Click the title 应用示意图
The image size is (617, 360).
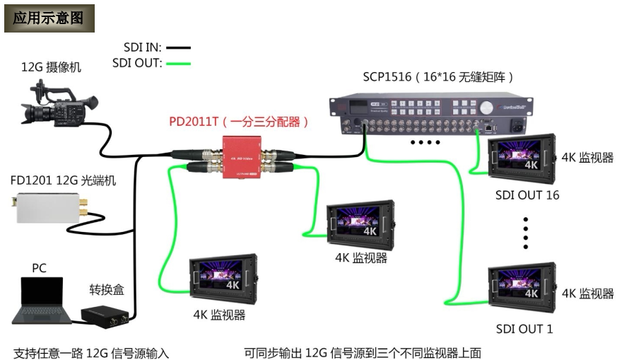click(x=49, y=18)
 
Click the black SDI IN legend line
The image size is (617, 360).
click(x=179, y=47)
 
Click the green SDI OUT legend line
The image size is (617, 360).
click(x=179, y=63)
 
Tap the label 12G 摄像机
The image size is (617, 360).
click(x=51, y=68)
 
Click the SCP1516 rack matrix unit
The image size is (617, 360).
click(x=432, y=115)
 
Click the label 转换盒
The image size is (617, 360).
click(x=106, y=289)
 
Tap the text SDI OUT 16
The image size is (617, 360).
click(x=527, y=194)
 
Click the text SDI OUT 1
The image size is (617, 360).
click(x=524, y=329)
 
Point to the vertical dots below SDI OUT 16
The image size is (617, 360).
click(x=526, y=233)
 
